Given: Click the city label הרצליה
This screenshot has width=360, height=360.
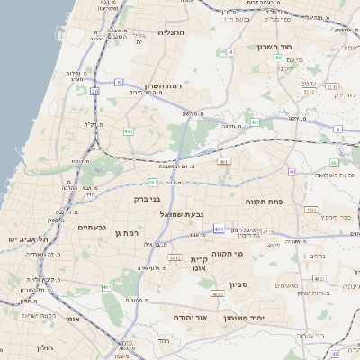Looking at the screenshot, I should pos(171,31).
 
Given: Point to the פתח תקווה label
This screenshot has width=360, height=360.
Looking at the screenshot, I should pos(265,202).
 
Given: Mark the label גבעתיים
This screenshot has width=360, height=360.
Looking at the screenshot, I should pos(92,228).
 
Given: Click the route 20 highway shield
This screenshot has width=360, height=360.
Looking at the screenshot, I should pos(95,91).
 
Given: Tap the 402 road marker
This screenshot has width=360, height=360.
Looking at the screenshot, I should pos(130,131).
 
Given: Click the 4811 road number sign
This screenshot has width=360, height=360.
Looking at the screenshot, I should pos(225,163).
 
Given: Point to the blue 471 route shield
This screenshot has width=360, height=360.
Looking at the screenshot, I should pos(219,229).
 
